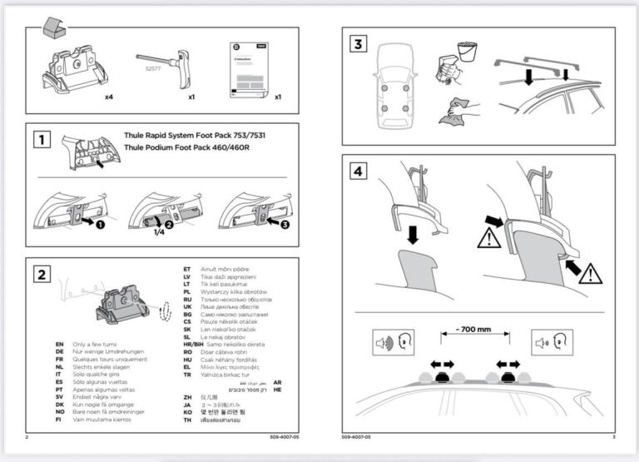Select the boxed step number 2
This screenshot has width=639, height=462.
coord(39,274)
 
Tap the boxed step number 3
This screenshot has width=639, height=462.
coord(358,43)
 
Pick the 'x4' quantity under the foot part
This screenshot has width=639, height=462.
coord(108,97)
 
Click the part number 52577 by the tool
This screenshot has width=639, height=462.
coord(153,70)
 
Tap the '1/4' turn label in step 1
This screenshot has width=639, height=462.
coord(158,234)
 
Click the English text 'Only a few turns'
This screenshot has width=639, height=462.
coord(99,344)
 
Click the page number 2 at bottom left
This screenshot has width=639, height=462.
coord(27,436)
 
